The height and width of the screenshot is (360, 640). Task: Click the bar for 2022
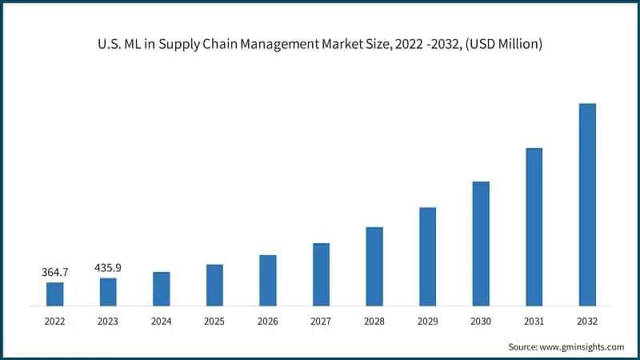(x=54, y=294)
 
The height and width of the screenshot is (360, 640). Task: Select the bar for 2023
(x=108, y=291)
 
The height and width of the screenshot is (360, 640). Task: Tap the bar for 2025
(x=214, y=285)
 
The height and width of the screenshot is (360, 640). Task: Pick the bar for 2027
(x=321, y=274)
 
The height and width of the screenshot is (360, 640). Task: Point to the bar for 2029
(x=427, y=256)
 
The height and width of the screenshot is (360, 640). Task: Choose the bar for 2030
(x=481, y=243)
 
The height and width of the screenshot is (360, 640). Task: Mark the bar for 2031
(x=534, y=226)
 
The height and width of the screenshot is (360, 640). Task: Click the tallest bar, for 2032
(x=587, y=204)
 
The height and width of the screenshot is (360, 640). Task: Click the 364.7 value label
(x=55, y=273)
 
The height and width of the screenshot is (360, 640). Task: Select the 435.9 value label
(x=108, y=268)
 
